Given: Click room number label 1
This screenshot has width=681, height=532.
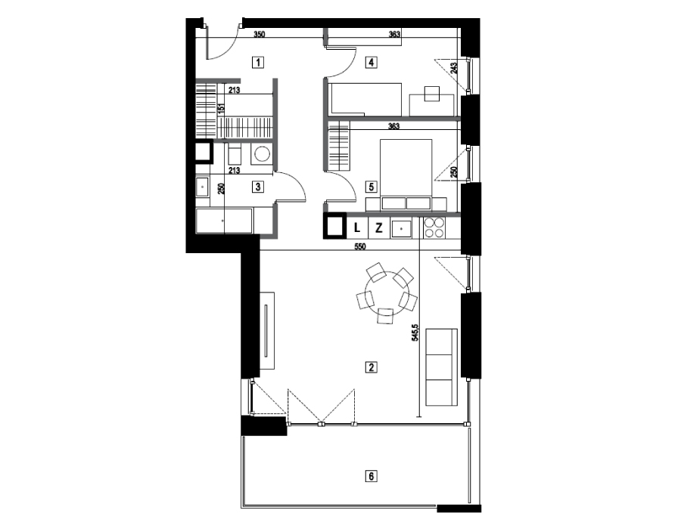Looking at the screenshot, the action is [258, 63].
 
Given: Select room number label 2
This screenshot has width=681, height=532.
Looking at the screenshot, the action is [371, 368].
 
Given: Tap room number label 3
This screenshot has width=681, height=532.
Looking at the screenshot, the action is [258, 187].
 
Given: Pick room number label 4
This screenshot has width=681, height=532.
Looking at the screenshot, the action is [371, 63].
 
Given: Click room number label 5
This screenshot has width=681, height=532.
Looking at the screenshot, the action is [371, 187].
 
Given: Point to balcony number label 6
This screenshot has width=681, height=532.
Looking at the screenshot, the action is [371, 477].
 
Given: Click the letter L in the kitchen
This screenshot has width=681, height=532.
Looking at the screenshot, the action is [357, 227].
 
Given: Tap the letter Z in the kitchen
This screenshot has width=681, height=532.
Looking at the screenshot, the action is [379, 227].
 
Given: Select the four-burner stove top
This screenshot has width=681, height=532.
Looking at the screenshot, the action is [434, 227].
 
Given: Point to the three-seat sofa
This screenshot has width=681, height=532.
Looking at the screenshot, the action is [442, 367].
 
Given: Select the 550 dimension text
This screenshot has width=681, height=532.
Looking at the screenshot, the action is [360, 246].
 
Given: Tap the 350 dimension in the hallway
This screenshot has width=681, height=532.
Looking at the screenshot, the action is [260, 34].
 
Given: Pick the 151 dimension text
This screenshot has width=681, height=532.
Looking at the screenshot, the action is [221, 108].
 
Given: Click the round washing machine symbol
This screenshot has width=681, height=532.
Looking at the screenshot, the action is [262, 154].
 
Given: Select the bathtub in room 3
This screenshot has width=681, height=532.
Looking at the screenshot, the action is [224, 221].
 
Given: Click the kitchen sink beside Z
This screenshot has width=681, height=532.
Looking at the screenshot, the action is [401, 228].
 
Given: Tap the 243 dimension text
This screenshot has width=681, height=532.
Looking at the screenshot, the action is [454, 69].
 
